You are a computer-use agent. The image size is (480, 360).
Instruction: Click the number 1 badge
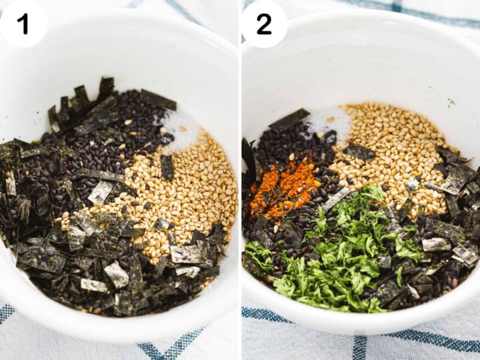tap(23, 24)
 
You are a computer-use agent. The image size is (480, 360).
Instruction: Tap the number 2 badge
tap(264, 24)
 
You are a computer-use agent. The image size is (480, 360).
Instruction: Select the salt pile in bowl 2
tap(327, 123)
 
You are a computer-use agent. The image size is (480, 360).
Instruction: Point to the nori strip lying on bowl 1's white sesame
tap(167, 167)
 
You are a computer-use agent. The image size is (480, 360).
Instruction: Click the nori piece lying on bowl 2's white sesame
tap(360, 152)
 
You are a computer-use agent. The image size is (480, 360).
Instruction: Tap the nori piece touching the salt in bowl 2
tap(290, 120)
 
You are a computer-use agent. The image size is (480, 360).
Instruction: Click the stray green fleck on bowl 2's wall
tap(451, 103)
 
